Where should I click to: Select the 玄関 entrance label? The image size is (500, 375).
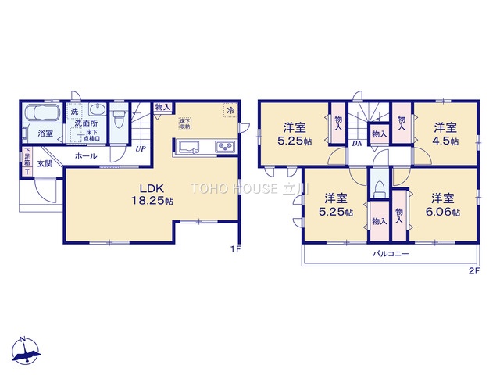(44, 164)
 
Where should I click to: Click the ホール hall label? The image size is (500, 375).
(86, 156)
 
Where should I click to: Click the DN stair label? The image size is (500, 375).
(356, 144)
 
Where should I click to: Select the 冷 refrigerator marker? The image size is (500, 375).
(230, 110)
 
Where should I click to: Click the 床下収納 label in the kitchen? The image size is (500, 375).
(185, 123)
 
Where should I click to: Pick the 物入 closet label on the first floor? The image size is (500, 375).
(162, 107)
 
